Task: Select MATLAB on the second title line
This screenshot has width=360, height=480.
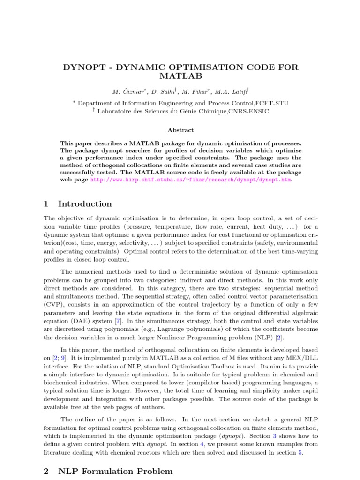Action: (x=180, y=76)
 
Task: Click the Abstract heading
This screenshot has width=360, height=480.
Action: (x=180, y=130)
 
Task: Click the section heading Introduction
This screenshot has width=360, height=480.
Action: (x=85, y=203)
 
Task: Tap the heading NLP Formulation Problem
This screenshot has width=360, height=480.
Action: (x=115, y=471)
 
